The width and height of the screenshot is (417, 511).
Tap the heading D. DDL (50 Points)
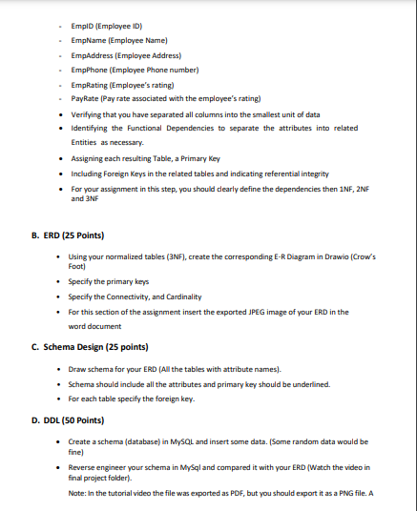click(x=68, y=420)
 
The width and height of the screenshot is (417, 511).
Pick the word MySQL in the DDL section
click(x=192, y=443)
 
